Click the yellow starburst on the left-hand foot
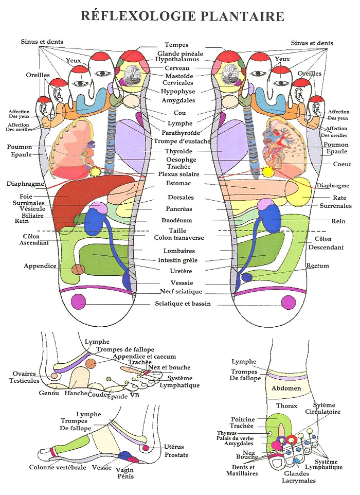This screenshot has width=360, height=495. tap(95, 172)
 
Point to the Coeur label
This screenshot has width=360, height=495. tap(342, 165)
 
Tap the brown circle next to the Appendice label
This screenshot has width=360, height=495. tap(78, 269)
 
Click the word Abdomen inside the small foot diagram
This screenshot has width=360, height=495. tap(286, 388)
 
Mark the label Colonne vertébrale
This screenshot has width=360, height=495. tap(58, 468)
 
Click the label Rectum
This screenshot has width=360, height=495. tap(317, 266)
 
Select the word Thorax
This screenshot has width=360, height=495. tap(286, 406)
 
